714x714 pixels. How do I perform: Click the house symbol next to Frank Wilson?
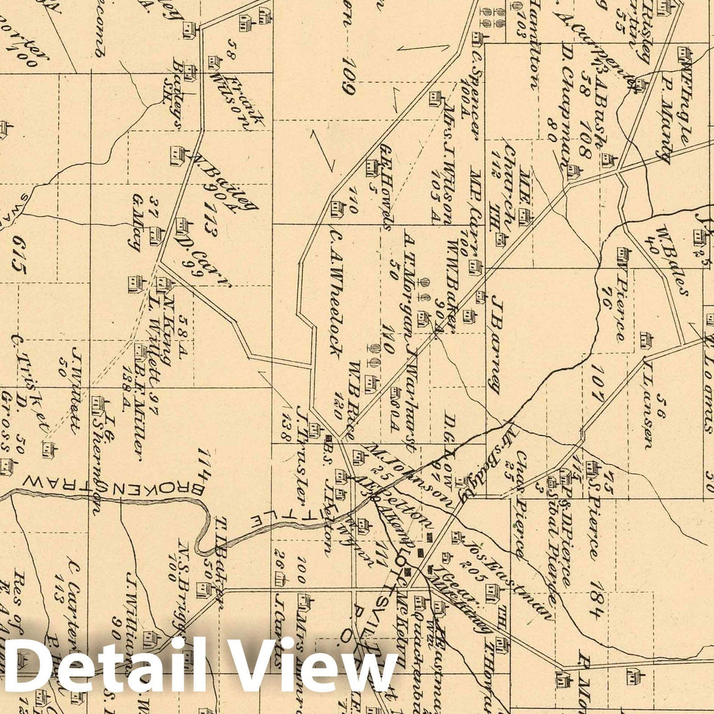click(x=214, y=62)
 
